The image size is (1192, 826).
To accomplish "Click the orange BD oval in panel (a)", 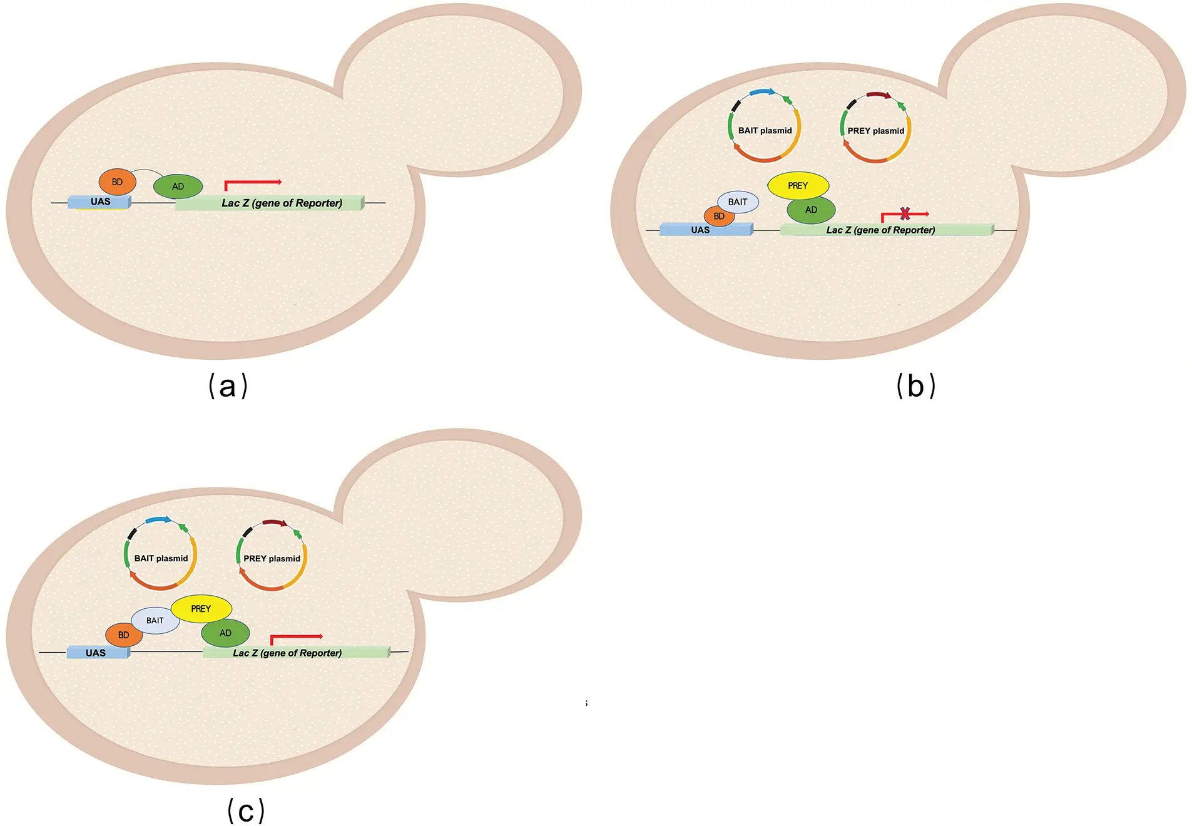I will (117, 182).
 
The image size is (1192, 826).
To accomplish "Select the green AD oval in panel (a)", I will (178, 186).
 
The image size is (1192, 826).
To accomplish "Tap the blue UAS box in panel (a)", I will (99, 202).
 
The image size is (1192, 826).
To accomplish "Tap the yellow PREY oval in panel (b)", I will (798, 186).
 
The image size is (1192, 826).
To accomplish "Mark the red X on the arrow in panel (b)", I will (905, 214).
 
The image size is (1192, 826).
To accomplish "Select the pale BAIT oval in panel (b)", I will (738, 202).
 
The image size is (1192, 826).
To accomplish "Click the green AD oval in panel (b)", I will (811, 210).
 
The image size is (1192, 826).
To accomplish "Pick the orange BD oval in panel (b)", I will (719, 217).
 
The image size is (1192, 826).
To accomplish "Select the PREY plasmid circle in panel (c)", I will (272, 556).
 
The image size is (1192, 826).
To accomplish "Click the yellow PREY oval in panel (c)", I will (201, 609).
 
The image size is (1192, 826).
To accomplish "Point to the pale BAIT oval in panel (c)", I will (155, 621).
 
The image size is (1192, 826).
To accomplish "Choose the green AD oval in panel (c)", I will (225, 633).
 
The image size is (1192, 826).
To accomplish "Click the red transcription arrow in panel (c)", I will (296, 637).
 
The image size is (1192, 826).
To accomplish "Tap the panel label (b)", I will (915, 386).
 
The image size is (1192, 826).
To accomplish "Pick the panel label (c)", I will (246, 811).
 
